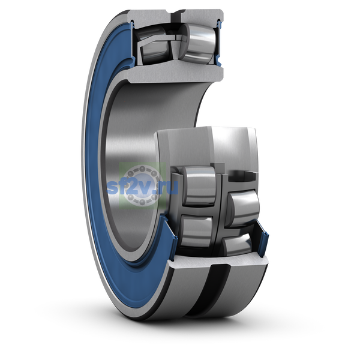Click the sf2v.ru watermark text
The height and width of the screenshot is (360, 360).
click(x=143, y=187)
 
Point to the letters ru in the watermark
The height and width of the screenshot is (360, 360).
click(x=170, y=188)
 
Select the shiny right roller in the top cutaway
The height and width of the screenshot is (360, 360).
click(x=198, y=44)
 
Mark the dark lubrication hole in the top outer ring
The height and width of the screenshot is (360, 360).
click(x=176, y=17)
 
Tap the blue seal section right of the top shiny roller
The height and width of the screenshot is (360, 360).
click(x=219, y=43)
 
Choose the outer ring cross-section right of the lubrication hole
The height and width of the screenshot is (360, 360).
click(x=202, y=17)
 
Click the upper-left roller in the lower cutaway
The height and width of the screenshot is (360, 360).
click(x=199, y=186)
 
